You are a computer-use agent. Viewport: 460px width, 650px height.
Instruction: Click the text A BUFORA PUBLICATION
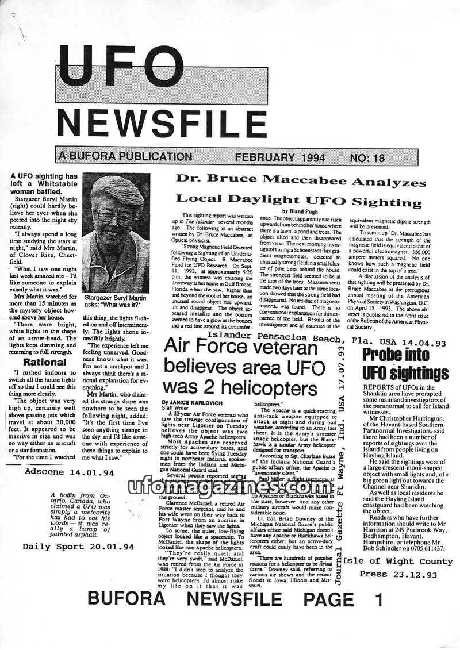125,156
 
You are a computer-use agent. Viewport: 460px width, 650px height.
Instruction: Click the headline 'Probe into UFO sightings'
405,363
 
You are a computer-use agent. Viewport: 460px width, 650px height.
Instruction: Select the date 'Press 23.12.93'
398,574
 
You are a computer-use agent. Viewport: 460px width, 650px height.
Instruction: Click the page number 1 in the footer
377,600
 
